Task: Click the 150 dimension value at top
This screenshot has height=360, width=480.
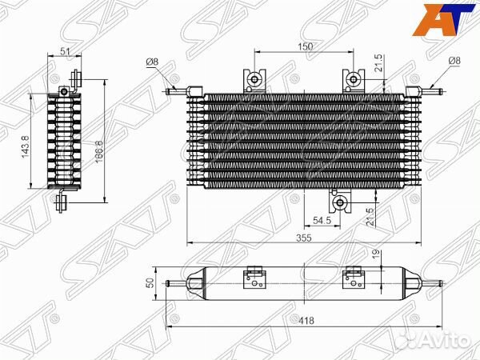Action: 306,46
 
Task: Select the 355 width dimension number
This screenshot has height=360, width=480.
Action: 304,238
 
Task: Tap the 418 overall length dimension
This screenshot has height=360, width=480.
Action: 306,321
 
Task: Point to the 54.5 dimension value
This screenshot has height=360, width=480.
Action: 322,221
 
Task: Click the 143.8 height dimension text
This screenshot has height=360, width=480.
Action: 26,146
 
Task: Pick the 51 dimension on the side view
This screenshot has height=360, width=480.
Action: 65,51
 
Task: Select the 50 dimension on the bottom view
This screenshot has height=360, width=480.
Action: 150,283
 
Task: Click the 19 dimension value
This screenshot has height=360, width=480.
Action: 376,253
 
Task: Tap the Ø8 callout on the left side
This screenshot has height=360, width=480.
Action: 152,62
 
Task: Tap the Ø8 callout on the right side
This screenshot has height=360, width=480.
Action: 454,61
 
